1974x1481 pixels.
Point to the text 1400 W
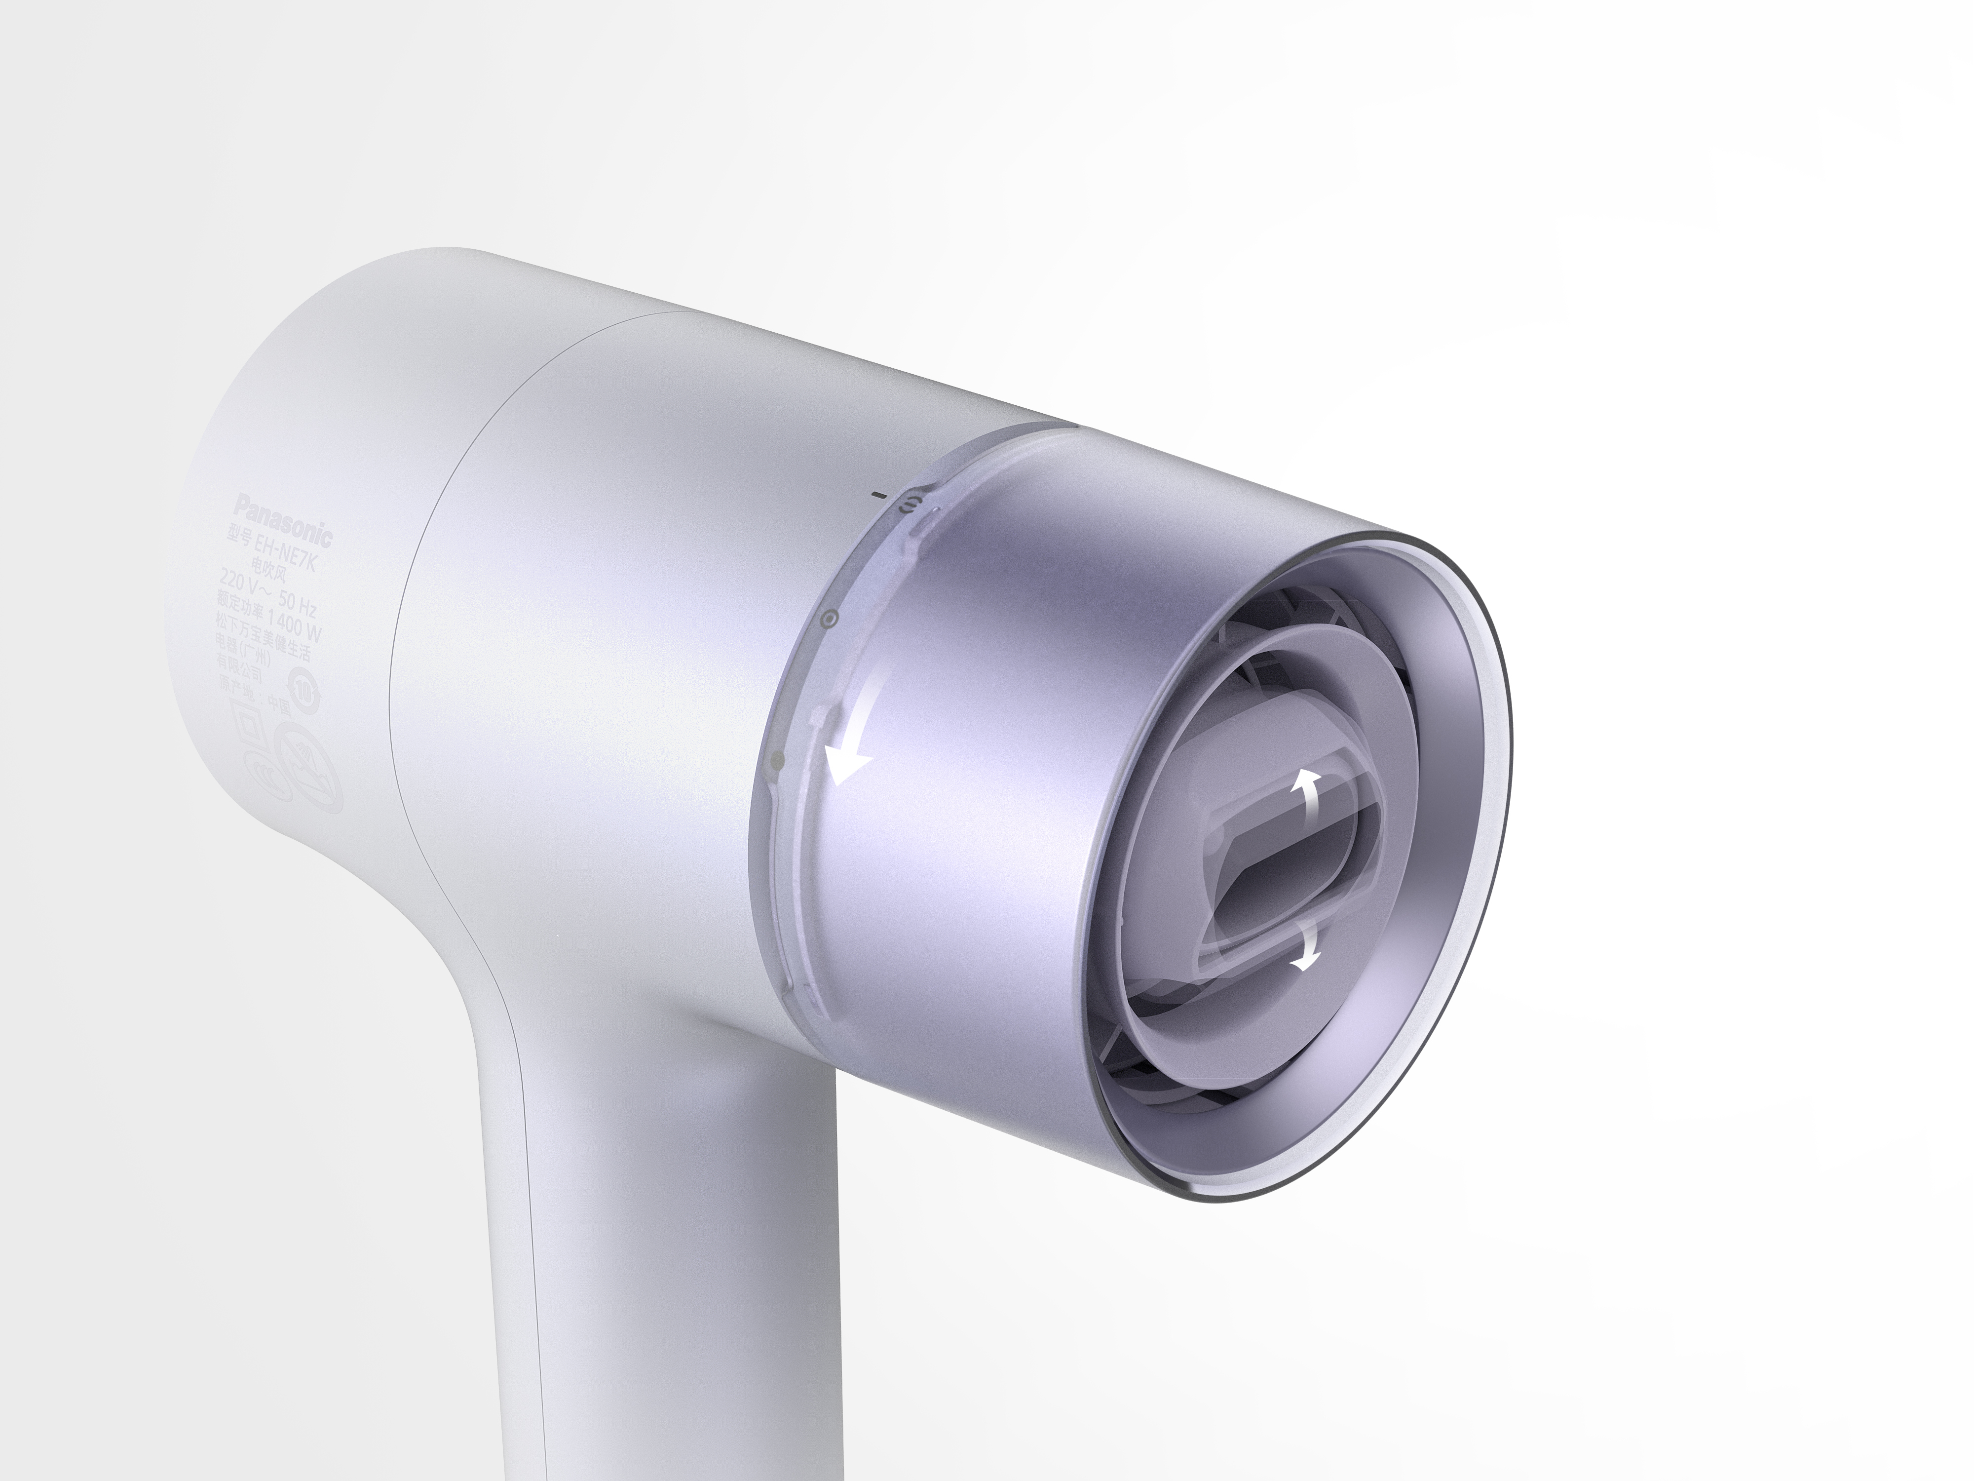[296, 624]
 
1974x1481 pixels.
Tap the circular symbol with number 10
[305, 689]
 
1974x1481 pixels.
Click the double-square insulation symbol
[250, 725]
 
